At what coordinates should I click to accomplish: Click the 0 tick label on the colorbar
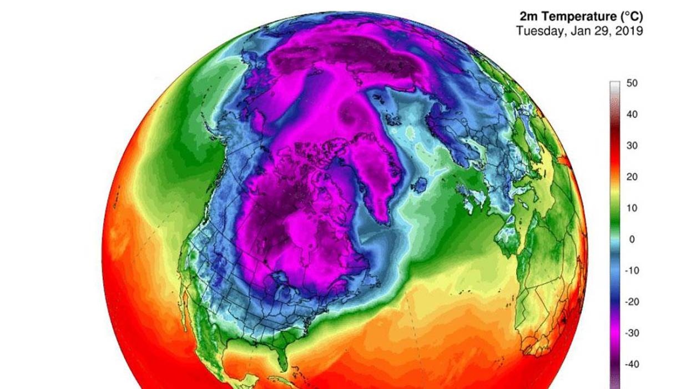632,240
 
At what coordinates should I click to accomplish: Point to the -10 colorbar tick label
631,271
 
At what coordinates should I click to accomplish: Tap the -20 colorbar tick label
631,302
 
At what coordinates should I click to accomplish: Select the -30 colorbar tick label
631,333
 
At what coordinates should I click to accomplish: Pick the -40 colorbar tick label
631,364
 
